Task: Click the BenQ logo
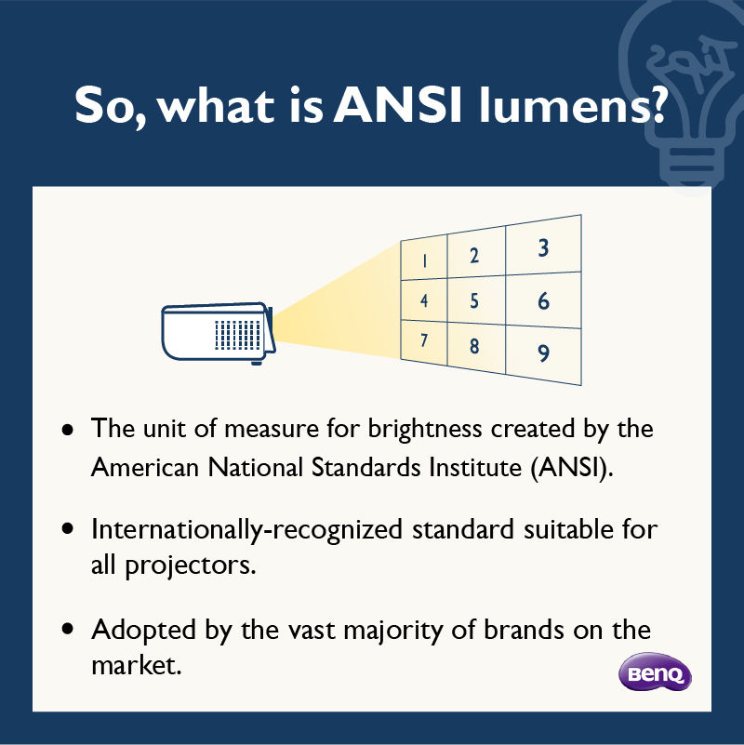tap(655, 672)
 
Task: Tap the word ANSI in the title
tap(397, 104)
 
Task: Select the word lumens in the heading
tap(572, 104)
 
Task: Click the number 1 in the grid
tap(424, 260)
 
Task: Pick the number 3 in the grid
tap(543, 247)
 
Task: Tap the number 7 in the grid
tap(424, 340)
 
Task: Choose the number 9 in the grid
tap(543, 353)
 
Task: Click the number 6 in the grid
tap(543, 301)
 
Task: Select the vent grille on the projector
tap(237, 335)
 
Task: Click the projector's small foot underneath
tap(257, 363)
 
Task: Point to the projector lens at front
tap(271, 329)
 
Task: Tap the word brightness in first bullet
tap(425, 429)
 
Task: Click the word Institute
tap(475, 468)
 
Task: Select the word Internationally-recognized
tap(246, 530)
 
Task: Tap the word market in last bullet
tap(137, 665)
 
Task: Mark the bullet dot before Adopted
tap(68, 629)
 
